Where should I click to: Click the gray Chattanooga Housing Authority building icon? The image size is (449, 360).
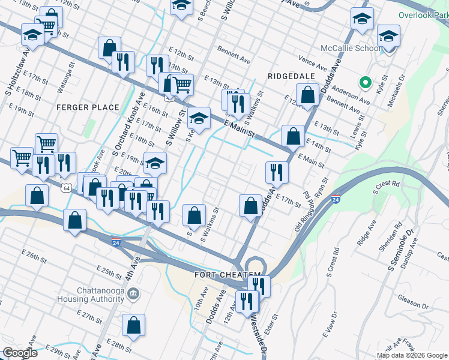[133, 294]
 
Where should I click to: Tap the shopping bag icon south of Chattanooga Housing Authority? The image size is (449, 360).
[134, 325]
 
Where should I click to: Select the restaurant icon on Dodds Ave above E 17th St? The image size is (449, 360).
[277, 172]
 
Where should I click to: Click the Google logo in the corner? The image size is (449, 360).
[20, 353]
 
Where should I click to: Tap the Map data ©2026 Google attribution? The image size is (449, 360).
[412, 355]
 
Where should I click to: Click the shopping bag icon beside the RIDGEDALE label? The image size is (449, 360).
[307, 95]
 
